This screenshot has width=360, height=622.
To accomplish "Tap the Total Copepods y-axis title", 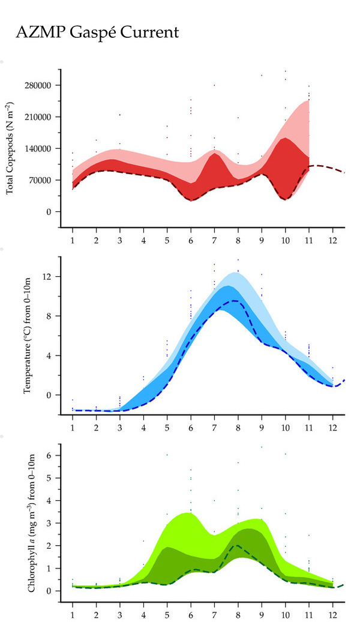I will pos(10,148).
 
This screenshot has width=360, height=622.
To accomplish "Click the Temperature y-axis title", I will pos(27,337).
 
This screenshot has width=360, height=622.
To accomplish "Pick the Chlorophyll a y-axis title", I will pos(30,520).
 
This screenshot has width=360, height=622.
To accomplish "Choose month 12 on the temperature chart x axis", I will pos(333,427).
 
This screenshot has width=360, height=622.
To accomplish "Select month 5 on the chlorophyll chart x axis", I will pos(167,614).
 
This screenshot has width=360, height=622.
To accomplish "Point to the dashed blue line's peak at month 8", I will pos(236,301).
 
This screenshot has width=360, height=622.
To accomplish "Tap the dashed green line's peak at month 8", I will pos(237,545).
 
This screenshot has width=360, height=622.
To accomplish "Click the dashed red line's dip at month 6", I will pos(191,200).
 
